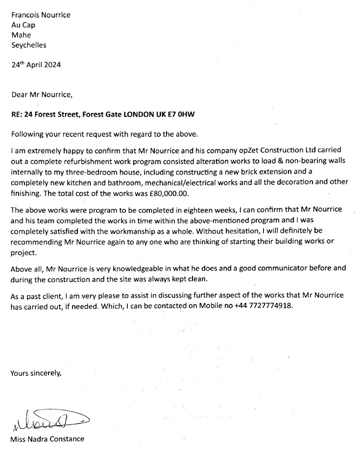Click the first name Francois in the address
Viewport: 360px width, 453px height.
point(24,15)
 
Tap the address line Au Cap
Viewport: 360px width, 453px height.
point(23,25)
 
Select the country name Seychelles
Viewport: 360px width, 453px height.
point(28,45)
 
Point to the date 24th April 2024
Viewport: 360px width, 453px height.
point(36,64)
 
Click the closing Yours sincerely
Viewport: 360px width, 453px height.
point(36,373)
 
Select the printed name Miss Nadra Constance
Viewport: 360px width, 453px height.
point(47,439)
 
